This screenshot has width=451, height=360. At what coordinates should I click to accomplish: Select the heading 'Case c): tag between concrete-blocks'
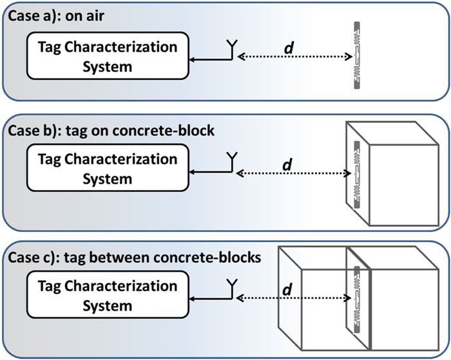[133, 258]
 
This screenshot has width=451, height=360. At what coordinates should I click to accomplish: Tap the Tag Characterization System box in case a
[107, 57]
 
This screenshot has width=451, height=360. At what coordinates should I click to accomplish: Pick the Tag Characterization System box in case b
[107, 168]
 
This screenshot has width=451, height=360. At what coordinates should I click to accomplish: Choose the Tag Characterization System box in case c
[107, 296]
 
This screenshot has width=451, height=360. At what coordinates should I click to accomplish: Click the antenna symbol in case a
[232, 48]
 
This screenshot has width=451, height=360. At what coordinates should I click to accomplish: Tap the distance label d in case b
[288, 164]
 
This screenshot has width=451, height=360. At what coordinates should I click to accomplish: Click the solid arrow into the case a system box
[209, 59]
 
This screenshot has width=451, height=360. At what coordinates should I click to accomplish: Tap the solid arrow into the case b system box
[209, 172]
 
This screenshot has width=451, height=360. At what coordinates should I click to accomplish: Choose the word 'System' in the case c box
[107, 306]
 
